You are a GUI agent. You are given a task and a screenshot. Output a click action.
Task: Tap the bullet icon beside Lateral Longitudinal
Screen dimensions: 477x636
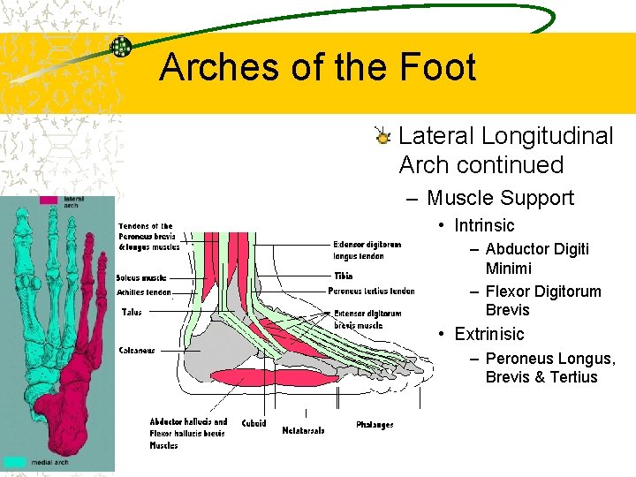tap(382, 137)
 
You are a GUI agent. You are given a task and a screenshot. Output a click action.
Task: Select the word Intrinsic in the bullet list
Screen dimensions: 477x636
tap(484, 225)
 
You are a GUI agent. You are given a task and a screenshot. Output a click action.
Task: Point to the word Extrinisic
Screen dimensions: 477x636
tap(488, 334)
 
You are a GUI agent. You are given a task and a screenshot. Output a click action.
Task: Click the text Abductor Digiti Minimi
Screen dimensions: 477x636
tap(536, 258)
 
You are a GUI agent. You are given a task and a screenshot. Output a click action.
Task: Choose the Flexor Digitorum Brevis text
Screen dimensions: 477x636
tap(542, 300)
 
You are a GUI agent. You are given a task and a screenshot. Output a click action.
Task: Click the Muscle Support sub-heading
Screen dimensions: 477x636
tap(500, 198)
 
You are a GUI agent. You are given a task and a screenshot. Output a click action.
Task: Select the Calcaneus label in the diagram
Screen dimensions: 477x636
tap(137, 351)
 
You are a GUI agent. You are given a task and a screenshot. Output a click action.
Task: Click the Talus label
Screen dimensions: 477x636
tap(131, 312)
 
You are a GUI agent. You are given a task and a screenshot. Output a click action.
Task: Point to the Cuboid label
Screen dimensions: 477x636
tap(254, 424)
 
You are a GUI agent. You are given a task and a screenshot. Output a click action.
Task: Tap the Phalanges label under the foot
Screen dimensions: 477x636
tap(375, 425)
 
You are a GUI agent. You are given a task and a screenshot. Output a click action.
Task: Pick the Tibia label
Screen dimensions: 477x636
tap(344, 276)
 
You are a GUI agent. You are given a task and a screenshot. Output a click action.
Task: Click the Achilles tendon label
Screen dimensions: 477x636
tap(143, 292)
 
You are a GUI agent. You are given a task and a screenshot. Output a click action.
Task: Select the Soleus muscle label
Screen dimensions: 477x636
tap(141, 278)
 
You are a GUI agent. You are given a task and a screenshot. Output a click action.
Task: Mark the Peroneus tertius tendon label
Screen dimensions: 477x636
tap(371, 291)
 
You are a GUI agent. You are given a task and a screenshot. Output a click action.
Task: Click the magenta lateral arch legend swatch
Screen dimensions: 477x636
tap(49, 201)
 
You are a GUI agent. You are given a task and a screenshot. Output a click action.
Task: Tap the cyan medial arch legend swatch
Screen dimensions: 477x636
tap(15, 461)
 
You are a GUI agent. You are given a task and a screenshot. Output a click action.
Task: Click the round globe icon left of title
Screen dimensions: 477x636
tap(121, 47)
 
